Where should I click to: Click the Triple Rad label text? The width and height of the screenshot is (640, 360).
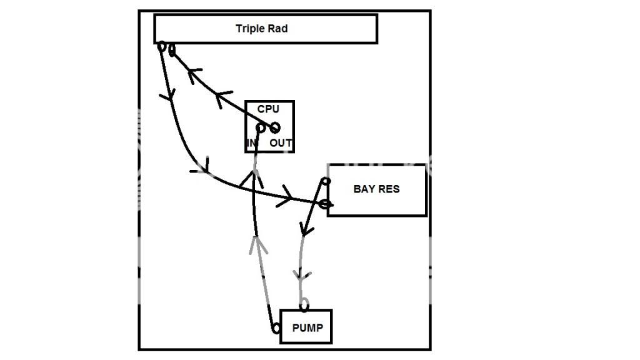click(261, 28)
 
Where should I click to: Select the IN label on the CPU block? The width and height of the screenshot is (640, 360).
click(252, 143)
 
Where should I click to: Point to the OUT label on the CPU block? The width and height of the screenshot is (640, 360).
click(281, 143)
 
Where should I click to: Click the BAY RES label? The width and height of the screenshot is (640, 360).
click(376, 189)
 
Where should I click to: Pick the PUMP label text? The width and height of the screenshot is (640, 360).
click(309, 327)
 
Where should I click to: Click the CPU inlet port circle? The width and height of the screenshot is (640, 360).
click(261, 128)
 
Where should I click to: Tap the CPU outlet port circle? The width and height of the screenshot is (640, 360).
click(274, 128)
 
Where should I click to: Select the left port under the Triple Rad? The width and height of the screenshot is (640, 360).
click(161, 46)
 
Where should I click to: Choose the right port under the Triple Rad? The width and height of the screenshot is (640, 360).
click(171, 49)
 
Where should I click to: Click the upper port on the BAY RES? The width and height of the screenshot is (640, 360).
click(325, 182)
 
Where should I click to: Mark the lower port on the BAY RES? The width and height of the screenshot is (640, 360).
click(324, 204)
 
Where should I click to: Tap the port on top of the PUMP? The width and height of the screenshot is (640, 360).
click(304, 306)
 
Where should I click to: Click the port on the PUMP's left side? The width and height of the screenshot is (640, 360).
click(275, 328)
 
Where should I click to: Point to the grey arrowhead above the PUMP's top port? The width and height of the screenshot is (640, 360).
click(301, 275)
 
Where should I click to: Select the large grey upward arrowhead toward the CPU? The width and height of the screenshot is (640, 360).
click(257, 243)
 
